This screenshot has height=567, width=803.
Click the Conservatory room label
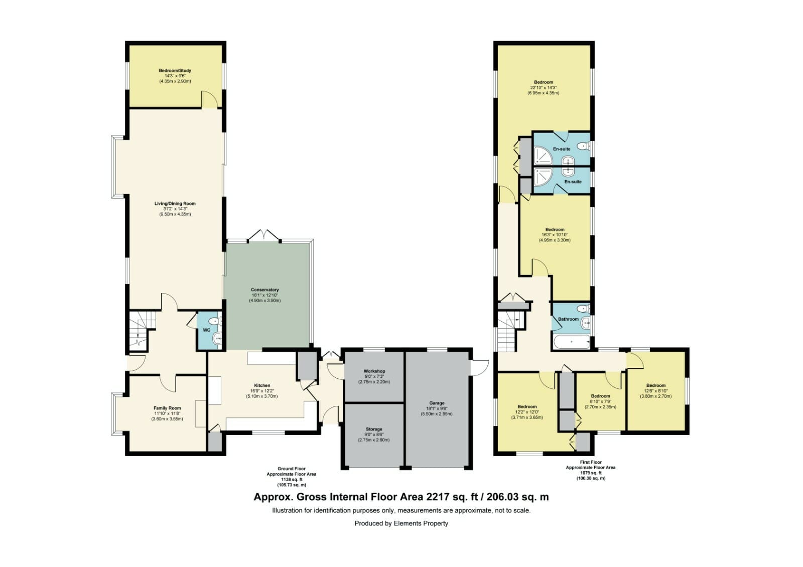[x=264, y=290]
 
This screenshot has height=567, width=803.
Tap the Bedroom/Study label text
[x=175, y=71]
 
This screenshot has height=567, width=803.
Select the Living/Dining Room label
[x=175, y=204]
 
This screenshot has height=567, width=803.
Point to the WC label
[x=206, y=330]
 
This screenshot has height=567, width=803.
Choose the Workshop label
[x=374, y=371]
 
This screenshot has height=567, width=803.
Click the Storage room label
[x=374, y=429]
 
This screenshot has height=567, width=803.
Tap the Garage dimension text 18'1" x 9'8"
[x=437, y=408]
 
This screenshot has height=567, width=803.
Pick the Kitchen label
[x=262, y=385]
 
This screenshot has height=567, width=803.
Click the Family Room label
[x=167, y=408]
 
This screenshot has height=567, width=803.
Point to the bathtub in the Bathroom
[x=572, y=342]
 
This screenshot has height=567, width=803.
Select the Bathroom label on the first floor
[x=568, y=319]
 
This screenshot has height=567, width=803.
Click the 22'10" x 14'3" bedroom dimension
[x=543, y=87]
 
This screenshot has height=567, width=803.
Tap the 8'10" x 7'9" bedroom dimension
[x=600, y=401]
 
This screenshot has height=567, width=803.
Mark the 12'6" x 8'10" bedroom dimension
[x=655, y=391]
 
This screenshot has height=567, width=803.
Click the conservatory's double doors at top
[x=264, y=235]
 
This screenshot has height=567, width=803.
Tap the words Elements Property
[x=421, y=523]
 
